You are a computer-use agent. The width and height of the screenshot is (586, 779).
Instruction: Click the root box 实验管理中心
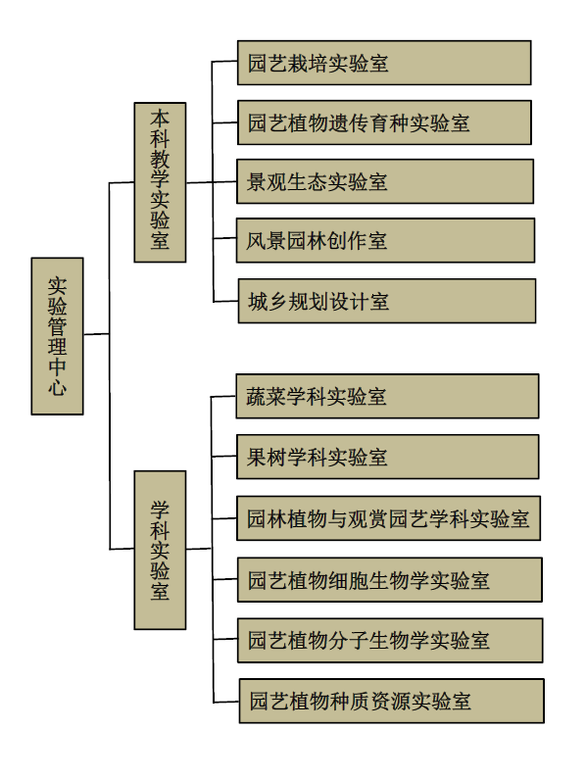57,336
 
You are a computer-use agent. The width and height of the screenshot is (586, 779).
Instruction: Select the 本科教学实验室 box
160,182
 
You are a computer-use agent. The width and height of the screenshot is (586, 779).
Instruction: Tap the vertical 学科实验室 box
160,550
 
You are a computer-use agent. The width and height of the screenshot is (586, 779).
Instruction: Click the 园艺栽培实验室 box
384,63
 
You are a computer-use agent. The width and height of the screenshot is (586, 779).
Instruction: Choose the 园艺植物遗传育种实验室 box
385,122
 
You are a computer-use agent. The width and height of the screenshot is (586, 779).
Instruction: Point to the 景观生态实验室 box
385,181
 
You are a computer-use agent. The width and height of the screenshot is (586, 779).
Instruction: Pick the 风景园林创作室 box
386,240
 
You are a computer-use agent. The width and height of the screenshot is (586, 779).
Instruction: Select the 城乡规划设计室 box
387,301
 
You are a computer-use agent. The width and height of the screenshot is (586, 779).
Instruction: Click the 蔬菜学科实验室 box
388,397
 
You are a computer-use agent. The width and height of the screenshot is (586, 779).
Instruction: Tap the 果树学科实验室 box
388,457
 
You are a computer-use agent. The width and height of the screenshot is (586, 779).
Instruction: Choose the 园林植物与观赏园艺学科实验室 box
389,518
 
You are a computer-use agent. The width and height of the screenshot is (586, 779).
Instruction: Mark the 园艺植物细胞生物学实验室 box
390,580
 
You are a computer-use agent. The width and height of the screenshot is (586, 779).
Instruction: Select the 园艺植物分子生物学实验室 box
390,641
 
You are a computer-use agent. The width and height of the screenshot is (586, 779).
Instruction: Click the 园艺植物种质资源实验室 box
392,701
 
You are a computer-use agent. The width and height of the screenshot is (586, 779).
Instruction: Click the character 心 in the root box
57,387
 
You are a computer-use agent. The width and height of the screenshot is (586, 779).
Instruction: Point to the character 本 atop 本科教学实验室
160,120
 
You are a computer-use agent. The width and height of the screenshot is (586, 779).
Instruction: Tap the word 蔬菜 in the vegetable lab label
267,397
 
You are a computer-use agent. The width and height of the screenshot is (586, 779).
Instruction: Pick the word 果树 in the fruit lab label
267,457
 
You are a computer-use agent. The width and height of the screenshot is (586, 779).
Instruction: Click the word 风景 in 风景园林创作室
267,240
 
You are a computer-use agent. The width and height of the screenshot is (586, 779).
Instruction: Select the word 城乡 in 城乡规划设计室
269,301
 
